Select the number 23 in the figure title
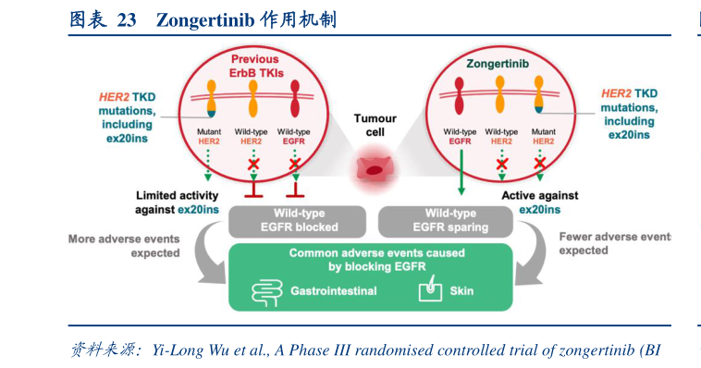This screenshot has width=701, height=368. coord(125,19)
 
